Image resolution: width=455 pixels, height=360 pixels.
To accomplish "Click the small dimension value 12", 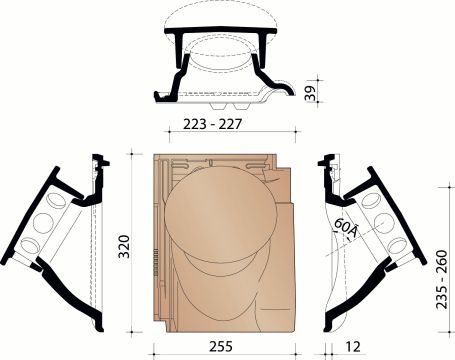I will tap(352, 350).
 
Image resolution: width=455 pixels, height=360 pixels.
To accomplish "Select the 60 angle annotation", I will tap(347, 229).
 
